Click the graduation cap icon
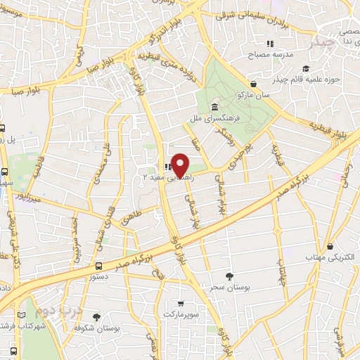coord(305,68)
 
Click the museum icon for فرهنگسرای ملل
coord(214,106)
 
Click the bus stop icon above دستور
coord(98,266)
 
